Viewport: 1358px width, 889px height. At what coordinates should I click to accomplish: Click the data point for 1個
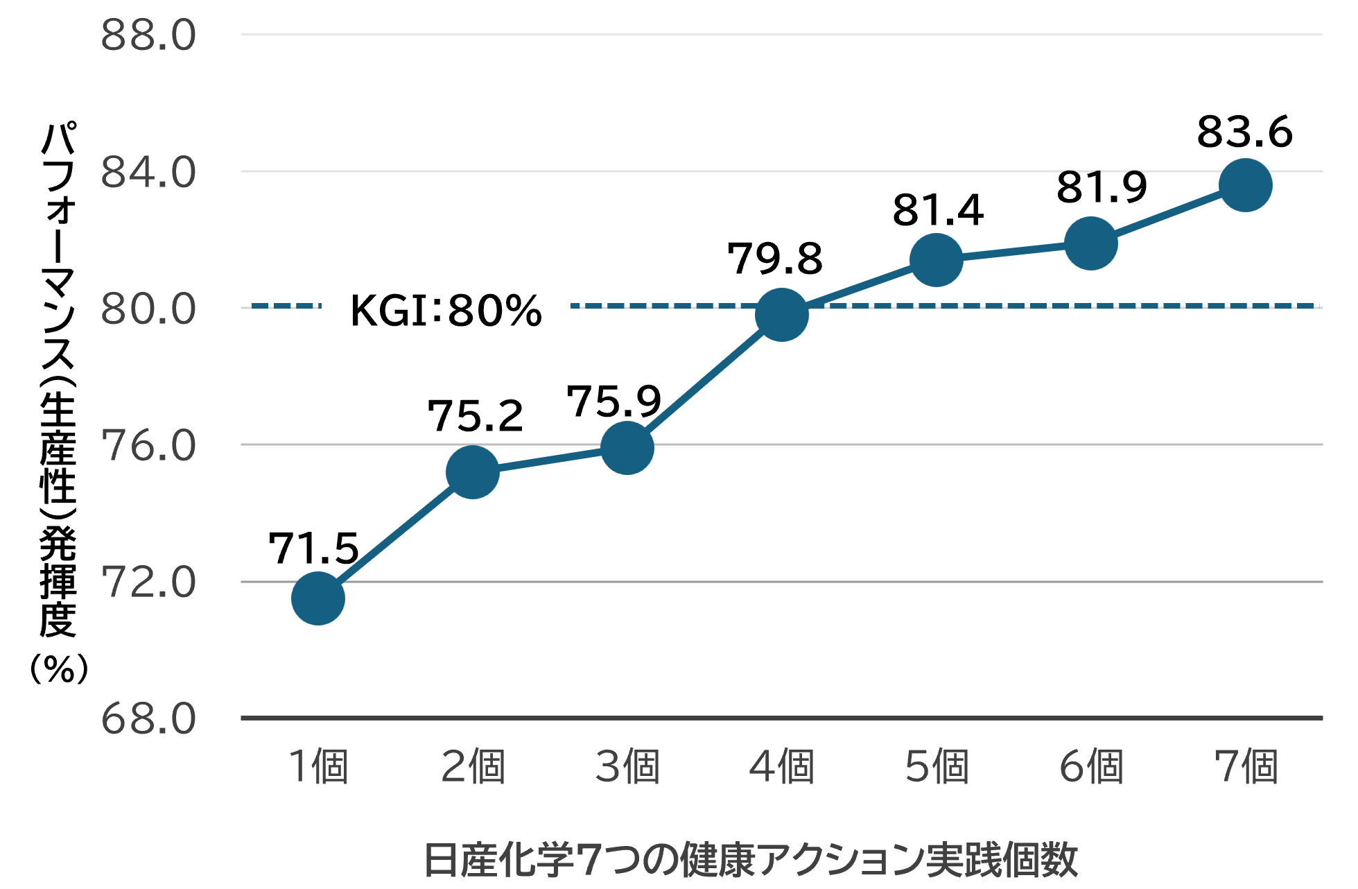click(318, 598)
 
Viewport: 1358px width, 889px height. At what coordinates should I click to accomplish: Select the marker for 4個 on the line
click(782, 315)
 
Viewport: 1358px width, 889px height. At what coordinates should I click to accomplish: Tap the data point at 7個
click(1245, 184)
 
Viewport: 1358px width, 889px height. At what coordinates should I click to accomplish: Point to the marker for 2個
click(473, 472)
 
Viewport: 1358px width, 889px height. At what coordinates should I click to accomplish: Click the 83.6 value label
click(1244, 132)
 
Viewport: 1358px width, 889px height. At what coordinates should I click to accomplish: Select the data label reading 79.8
click(775, 259)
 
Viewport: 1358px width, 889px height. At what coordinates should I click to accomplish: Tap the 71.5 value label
click(313, 549)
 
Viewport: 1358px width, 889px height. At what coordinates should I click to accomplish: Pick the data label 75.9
click(614, 401)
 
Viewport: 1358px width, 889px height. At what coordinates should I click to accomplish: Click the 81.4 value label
click(938, 210)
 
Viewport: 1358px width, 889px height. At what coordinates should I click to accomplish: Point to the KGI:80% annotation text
click(446, 310)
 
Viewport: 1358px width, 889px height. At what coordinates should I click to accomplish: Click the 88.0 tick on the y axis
click(148, 35)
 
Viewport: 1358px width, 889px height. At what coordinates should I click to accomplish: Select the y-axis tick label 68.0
click(148, 719)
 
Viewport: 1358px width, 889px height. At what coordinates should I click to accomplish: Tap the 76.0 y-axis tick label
click(148, 445)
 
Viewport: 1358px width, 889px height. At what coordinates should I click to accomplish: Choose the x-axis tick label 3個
click(627, 768)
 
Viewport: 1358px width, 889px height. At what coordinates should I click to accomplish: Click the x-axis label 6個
click(1091, 768)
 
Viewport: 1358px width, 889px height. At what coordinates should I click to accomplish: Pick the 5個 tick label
click(937, 768)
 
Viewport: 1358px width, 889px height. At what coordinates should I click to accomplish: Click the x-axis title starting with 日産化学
click(751, 860)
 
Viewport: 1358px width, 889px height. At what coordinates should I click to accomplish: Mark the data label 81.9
click(1102, 187)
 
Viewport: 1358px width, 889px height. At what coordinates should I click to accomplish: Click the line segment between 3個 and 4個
click(704, 381)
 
